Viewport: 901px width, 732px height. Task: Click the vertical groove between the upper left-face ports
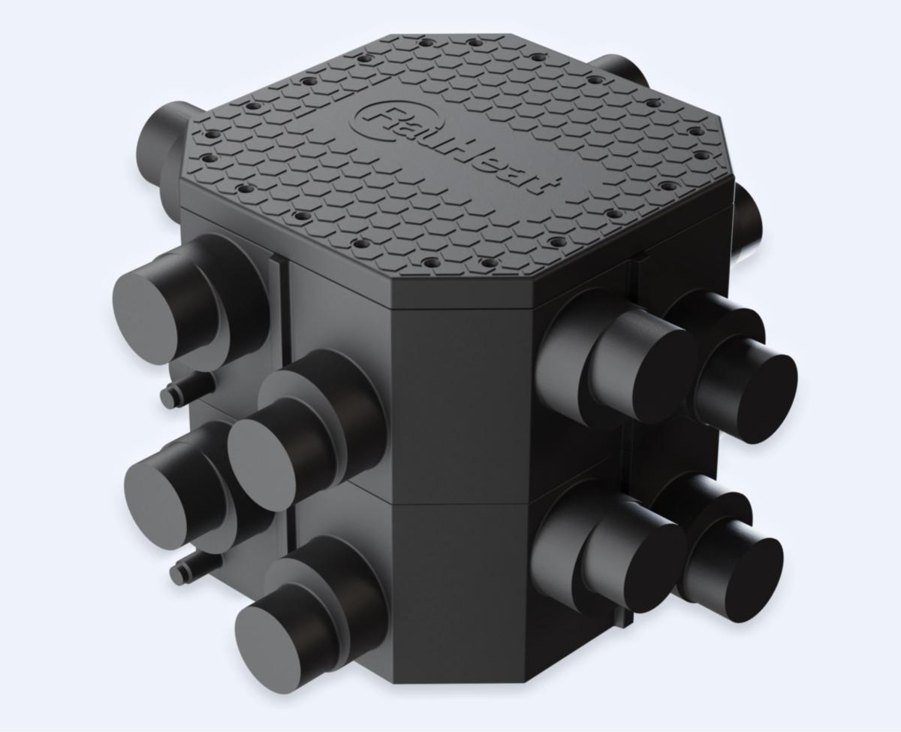[282, 316]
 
